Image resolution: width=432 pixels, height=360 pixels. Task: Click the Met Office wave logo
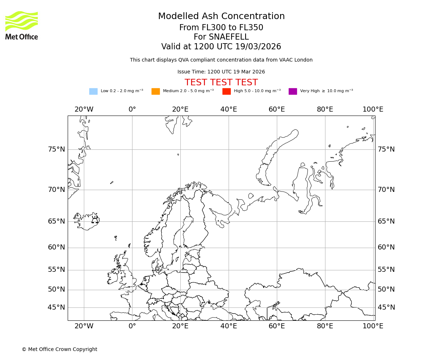pyautogui.click(x=22, y=21)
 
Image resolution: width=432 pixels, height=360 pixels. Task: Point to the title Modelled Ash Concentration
pyautogui.click(x=221, y=16)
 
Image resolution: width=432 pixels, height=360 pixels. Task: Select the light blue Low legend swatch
pyautogui.click(x=93, y=91)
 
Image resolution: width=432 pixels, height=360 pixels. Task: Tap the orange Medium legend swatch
pyautogui.click(x=156, y=91)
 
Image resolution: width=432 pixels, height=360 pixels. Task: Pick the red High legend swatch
pyautogui.click(x=226, y=91)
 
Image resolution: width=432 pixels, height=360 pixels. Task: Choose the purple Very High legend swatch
pyautogui.click(x=293, y=91)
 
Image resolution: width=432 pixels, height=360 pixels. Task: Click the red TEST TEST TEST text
pyautogui.click(x=221, y=82)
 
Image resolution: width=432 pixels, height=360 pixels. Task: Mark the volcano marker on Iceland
pyautogui.click(x=95, y=220)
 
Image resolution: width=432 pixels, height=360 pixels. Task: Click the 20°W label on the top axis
pyautogui.click(x=84, y=109)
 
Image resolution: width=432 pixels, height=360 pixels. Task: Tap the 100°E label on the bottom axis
pyautogui.click(x=373, y=326)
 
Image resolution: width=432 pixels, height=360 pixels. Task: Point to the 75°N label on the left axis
pyautogui.click(x=57, y=149)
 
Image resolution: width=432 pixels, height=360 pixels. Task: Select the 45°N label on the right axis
pyautogui.click(x=386, y=307)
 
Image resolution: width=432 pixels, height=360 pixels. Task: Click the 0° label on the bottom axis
pyautogui.click(x=132, y=326)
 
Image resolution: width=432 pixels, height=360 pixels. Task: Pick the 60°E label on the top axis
pyautogui.click(x=276, y=109)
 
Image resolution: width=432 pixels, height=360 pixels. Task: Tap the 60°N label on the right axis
pyautogui.click(x=386, y=247)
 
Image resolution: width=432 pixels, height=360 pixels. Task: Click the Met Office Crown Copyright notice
pyautogui.click(x=59, y=349)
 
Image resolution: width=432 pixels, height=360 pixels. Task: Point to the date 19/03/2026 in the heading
pyautogui.click(x=258, y=47)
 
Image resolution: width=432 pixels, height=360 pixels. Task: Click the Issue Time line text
pyautogui.click(x=221, y=72)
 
